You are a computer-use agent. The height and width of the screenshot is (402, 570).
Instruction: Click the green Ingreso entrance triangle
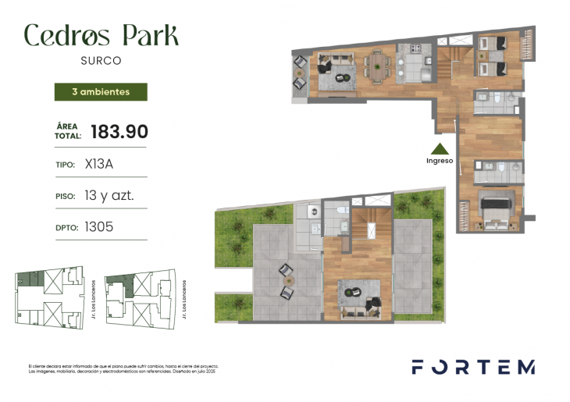click(x=440, y=148)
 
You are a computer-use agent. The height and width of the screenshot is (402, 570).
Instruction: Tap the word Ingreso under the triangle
click(x=440, y=161)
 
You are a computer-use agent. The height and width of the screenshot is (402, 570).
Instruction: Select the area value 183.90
click(x=119, y=131)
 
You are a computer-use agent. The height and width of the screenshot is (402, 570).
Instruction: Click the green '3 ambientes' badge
click(x=102, y=91)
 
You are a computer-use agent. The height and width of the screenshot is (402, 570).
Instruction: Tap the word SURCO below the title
click(x=101, y=59)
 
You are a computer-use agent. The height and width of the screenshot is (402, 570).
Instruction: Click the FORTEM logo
click(x=473, y=367)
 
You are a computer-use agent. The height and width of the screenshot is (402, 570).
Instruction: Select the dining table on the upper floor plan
click(x=379, y=66)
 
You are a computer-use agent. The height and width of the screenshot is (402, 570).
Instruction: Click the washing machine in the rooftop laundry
click(x=312, y=212)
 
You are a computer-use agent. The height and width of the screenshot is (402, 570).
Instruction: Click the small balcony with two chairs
click(x=300, y=73)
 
